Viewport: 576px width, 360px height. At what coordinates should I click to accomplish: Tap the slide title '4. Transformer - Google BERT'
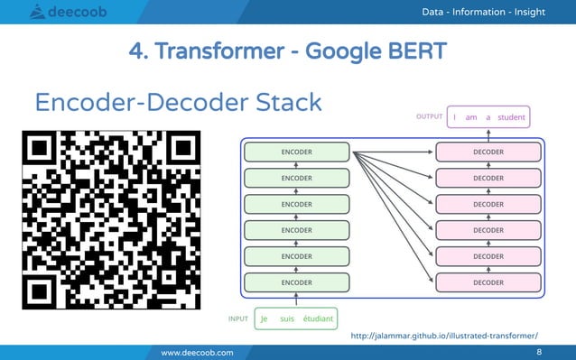[x=288, y=51]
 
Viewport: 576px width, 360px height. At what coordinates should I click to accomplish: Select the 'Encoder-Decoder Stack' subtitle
[x=178, y=102]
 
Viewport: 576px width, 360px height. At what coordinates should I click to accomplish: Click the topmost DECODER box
[x=488, y=152]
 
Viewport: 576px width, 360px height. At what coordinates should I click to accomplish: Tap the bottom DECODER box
[x=488, y=282]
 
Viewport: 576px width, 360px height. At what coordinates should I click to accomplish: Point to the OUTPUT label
[x=429, y=116]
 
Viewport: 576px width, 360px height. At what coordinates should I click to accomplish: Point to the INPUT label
[x=238, y=318]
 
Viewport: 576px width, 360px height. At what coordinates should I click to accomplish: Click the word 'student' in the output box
[x=511, y=117]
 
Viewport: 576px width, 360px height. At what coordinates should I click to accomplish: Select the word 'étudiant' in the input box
[x=319, y=318]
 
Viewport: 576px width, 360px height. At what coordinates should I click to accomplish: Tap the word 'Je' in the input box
[x=265, y=318]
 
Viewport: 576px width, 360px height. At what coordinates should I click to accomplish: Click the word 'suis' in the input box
[x=288, y=318]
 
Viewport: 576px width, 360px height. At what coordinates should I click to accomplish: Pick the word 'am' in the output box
[x=471, y=117]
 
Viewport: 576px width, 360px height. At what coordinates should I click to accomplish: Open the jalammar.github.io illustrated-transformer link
[x=450, y=335]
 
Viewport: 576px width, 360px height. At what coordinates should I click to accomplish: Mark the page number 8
[x=539, y=352]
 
